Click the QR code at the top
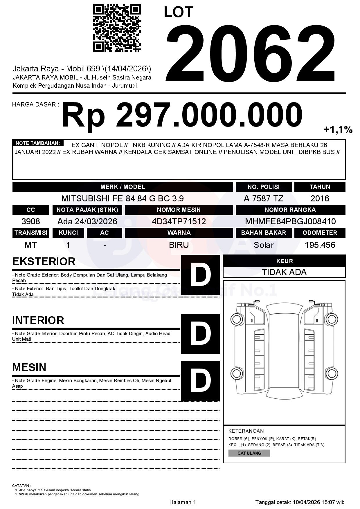click(x=117, y=28)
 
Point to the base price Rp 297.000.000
click(x=182, y=115)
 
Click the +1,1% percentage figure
click(x=338, y=130)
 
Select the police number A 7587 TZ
click(x=263, y=198)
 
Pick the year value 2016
click(x=320, y=198)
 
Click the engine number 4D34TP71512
click(x=179, y=221)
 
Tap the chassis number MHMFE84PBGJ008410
click(x=290, y=221)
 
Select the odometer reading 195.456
click(x=320, y=245)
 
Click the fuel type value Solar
click(x=263, y=245)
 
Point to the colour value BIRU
click(x=179, y=245)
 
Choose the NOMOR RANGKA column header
click(x=290, y=210)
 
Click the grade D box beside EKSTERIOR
click(x=200, y=275)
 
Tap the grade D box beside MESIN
click(x=200, y=380)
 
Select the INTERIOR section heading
click(x=38, y=320)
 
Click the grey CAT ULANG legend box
click(x=249, y=453)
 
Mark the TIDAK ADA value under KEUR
click(x=284, y=272)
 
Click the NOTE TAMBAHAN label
click(x=38, y=143)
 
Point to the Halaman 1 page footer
click(x=183, y=502)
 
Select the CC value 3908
click(x=31, y=221)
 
